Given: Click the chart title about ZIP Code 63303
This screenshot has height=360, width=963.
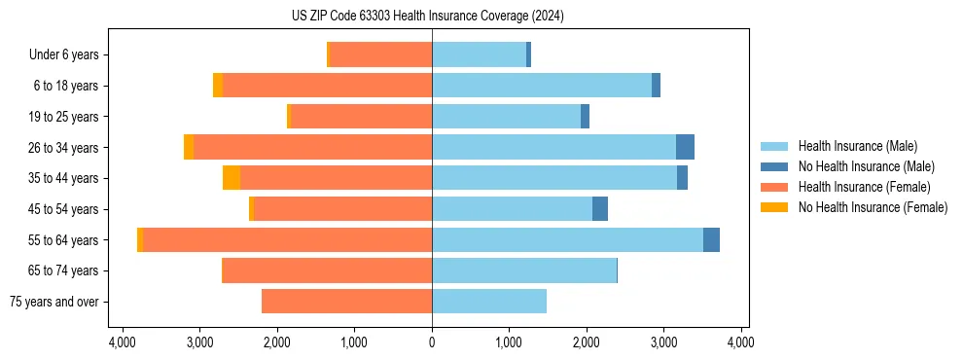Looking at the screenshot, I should pyautogui.click(x=427, y=17).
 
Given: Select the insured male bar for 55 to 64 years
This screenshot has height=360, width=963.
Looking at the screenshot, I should pyautogui.click(x=567, y=239).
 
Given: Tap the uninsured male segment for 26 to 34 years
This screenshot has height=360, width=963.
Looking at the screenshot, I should pyautogui.click(x=685, y=147).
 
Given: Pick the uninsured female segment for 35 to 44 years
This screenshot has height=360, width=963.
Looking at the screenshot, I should pyautogui.click(x=232, y=178).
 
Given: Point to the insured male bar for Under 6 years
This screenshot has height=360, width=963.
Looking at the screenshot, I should pyautogui.click(x=479, y=54).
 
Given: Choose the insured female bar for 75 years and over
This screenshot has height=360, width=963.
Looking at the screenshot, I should pyautogui.click(x=346, y=302).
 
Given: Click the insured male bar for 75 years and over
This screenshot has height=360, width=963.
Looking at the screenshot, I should pyautogui.click(x=489, y=302).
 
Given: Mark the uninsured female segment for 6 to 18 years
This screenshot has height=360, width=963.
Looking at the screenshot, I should pyautogui.click(x=218, y=86).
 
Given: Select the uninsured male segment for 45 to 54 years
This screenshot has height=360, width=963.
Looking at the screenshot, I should pyautogui.click(x=600, y=208).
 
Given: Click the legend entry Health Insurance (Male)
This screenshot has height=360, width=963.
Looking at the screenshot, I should pyautogui.click(x=857, y=146).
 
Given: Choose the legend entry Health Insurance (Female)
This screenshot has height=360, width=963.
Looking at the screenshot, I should pyautogui.click(x=864, y=187).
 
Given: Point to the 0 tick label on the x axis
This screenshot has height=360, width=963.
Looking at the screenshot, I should pyautogui.click(x=432, y=342).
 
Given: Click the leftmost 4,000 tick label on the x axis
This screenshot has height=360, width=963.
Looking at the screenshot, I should pyautogui.click(x=123, y=342).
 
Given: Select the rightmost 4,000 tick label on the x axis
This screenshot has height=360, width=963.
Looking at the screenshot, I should pyautogui.click(x=741, y=342).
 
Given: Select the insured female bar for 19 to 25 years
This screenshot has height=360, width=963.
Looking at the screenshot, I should pyautogui.click(x=361, y=117).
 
